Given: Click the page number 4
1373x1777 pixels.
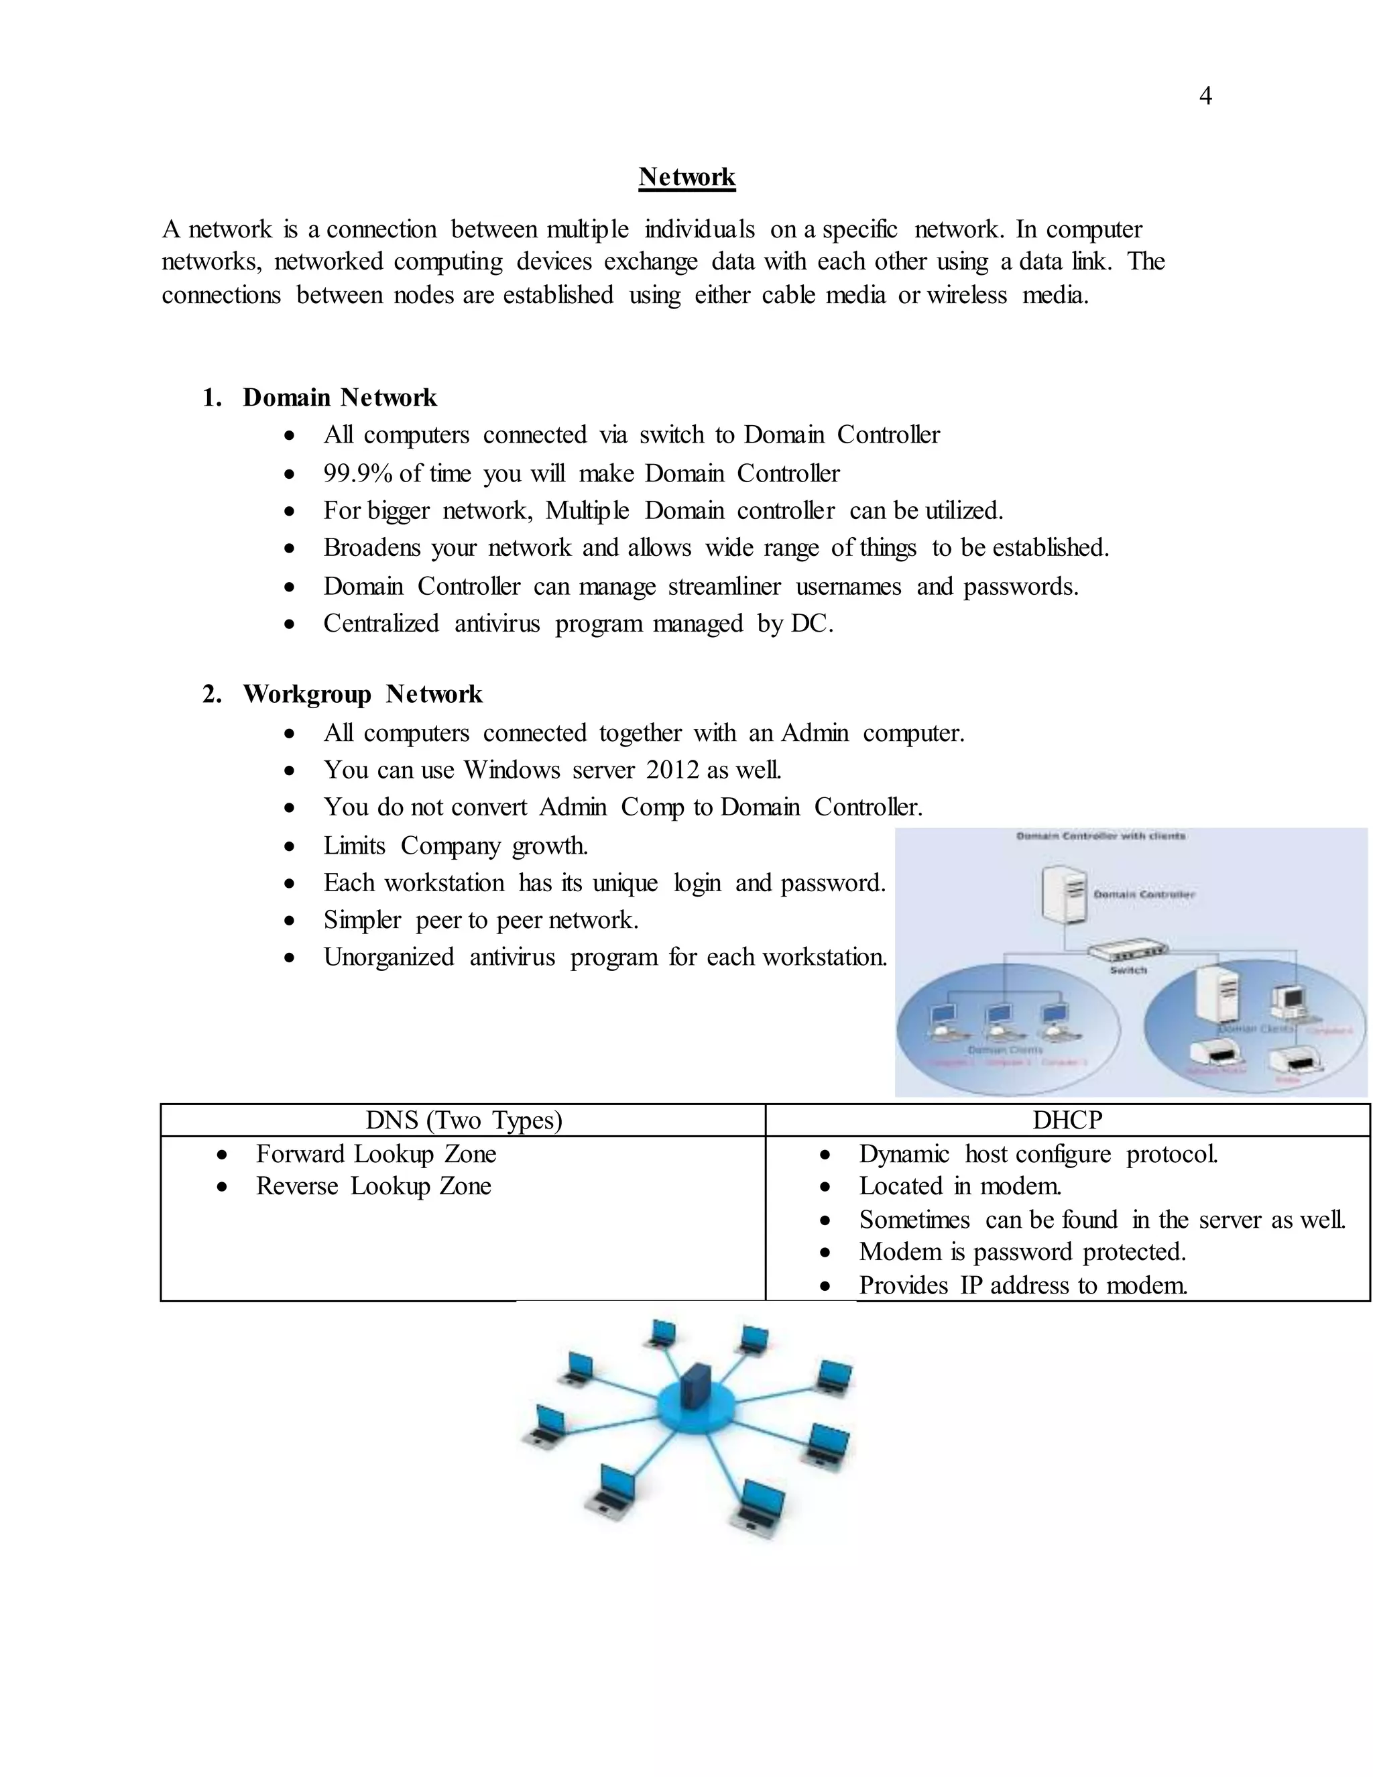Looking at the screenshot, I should pyautogui.click(x=1205, y=96).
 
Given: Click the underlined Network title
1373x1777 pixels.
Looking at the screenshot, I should pyautogui.click(x=686, y=176).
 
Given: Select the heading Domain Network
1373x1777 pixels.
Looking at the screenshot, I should pyautogui.click(x=339, y=397).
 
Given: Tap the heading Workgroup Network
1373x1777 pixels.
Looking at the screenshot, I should pyautogui.click(x=362, y=694).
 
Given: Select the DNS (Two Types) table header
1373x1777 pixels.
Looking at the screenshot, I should pyautogui.click(x=464, y=1121).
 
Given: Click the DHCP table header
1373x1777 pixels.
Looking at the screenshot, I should pyautogui.click(x=1067, y=1121).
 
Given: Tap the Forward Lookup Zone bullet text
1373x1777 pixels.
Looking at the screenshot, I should pyautogui.click(x=376, y=1154).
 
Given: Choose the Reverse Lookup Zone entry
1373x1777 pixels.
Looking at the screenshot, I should pyautogui.click(x=373, y=1186).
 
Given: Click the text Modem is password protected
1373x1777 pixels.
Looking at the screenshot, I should pyautogui.click(x=1022, y=1251).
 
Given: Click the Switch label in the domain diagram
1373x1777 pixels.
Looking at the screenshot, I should pyautogui.click(x=1128, y=970).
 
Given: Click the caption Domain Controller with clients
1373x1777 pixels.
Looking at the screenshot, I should pyautogui.click(x=1101, y=836).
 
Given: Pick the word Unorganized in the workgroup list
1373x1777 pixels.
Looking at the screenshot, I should pyautogui.click(x=389, y=957).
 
